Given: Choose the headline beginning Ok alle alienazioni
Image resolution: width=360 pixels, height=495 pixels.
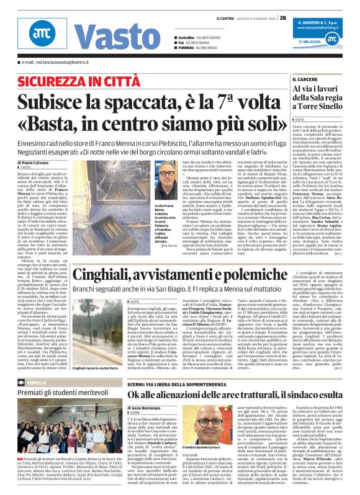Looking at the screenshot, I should [x=235, y=395].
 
